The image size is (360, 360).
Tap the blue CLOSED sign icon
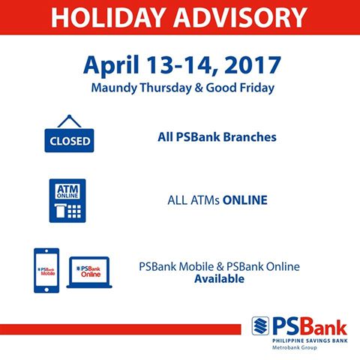click(70, 140)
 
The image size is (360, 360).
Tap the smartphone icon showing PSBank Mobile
click(46, 268)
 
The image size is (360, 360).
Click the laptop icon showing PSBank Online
click(88, 272)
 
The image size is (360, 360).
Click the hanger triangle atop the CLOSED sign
click(70, 121)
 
